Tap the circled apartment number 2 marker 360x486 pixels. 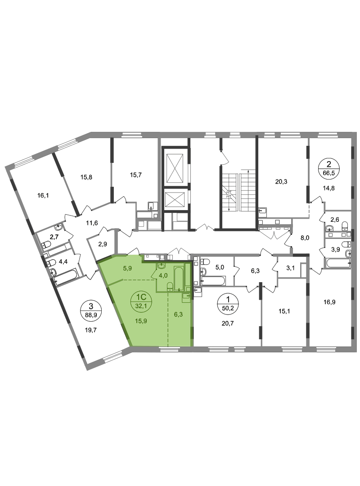pyautogui.click(x=329, y=168)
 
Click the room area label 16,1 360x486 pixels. pyautogui.click(x=43, y=196)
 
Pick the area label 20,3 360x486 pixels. pyautogui.click(x=281, y=182)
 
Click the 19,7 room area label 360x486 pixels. pyautogui.click(x=90, y=330)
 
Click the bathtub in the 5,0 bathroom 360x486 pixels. pyautogui.click(x=213, y=281)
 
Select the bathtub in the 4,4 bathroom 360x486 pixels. pyautogui.click(x=65, y=278)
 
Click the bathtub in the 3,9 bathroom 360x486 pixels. pyautogui.click(x=338, y=263)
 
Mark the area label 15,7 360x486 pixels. pyautogui.click(x=135, y=175)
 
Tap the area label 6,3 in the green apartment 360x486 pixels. pyautogui.click(x=178, y=314)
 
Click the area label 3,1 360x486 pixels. pyautogui.click(x=290, y=268)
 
